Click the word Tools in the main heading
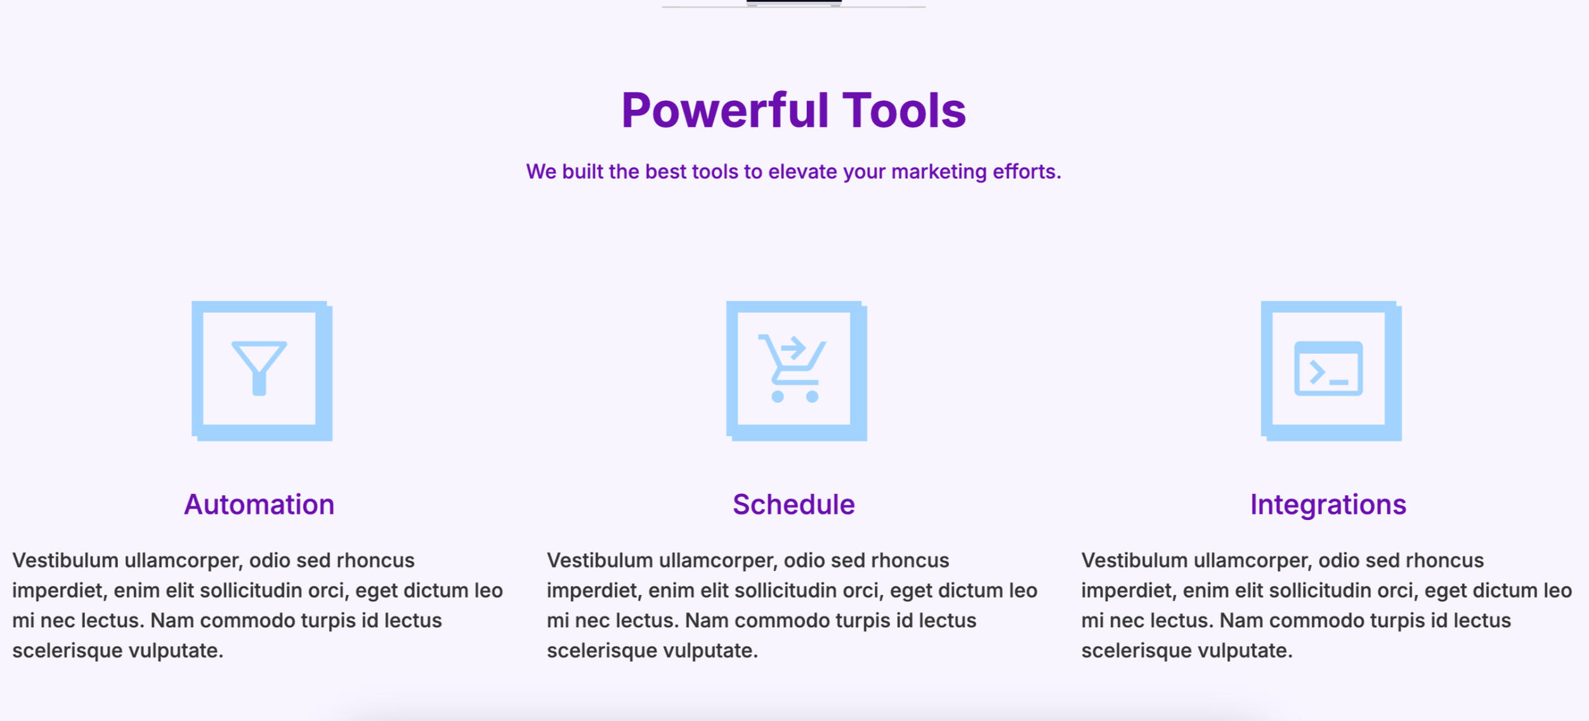(904, 110)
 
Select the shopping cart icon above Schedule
(792, 368)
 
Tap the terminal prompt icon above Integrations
(1328, 368)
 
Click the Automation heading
(259, 505)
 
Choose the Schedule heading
(794, 505)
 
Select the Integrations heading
(1328, 505)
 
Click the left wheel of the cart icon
(778, 396)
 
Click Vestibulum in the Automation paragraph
(65, 561)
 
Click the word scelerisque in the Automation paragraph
(67, 651)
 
